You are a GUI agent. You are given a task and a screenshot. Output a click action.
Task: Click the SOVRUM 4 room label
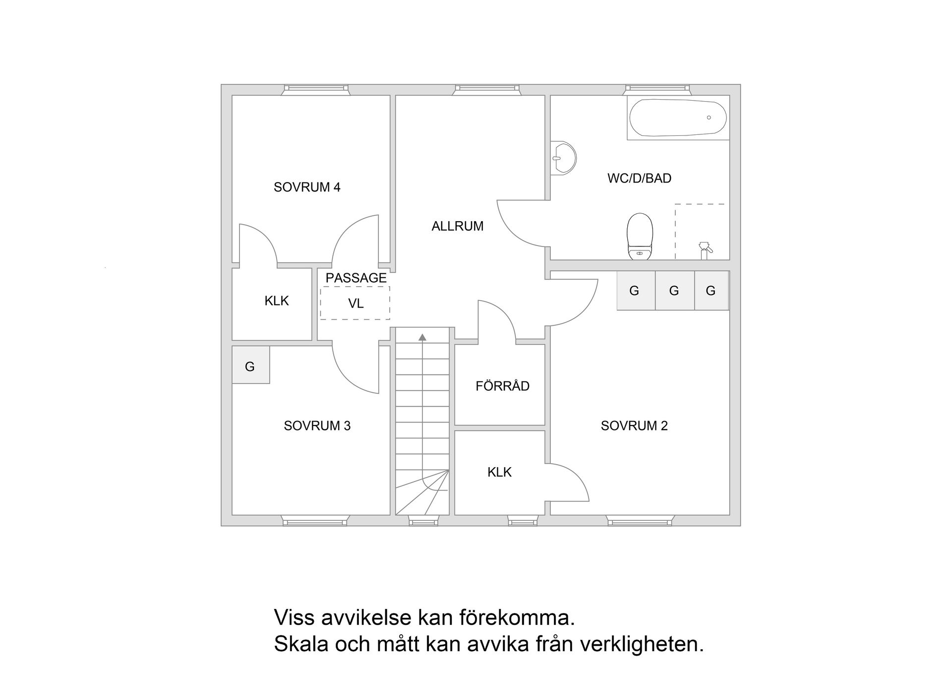click(307, 187)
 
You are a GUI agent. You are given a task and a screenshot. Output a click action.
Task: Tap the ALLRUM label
click(457, 226)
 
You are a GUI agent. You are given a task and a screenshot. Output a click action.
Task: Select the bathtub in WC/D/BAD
click(678, 118)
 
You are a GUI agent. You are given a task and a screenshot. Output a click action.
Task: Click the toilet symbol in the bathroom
click(640, 236)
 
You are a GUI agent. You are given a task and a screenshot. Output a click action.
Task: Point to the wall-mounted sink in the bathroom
click(564, 158)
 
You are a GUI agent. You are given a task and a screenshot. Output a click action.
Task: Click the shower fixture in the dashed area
click(705, 249)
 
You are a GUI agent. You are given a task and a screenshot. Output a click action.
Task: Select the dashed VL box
click(355, 303)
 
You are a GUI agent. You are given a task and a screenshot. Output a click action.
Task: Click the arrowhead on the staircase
click(422, 338)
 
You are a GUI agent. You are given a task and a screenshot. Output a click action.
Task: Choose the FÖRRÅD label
click(502, 386)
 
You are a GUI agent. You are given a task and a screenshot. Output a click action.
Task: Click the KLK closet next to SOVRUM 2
click(499, 472)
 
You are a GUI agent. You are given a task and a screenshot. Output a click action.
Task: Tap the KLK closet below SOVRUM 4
click(276, 301)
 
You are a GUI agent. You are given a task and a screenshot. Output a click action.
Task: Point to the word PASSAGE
click(356, 278)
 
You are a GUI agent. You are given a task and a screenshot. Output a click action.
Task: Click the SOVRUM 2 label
click(634, 426)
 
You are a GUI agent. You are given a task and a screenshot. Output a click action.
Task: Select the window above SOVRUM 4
click(315, 90)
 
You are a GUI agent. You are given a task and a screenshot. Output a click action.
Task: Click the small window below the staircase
click(423, 520)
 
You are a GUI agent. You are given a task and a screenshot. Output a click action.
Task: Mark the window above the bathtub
click(657, 90)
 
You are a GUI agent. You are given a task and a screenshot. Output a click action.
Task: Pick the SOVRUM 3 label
click(317, 426)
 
